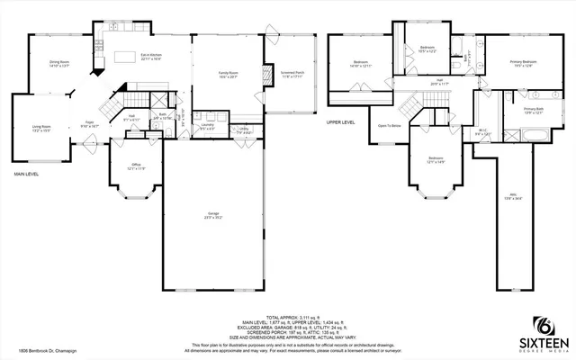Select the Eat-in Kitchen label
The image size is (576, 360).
tap(151, 56)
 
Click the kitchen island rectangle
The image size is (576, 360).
tap(125, 57)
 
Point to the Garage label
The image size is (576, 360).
tap(213, 214)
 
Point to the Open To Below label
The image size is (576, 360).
tap(389, 126)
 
